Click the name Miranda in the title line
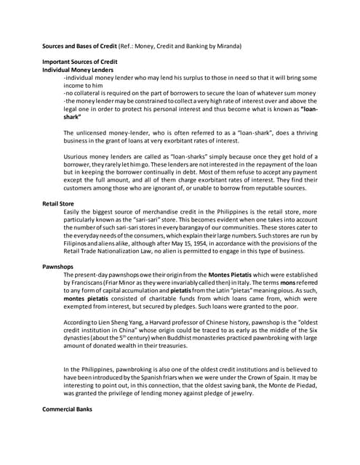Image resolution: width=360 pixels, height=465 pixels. (x=228, y=46)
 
